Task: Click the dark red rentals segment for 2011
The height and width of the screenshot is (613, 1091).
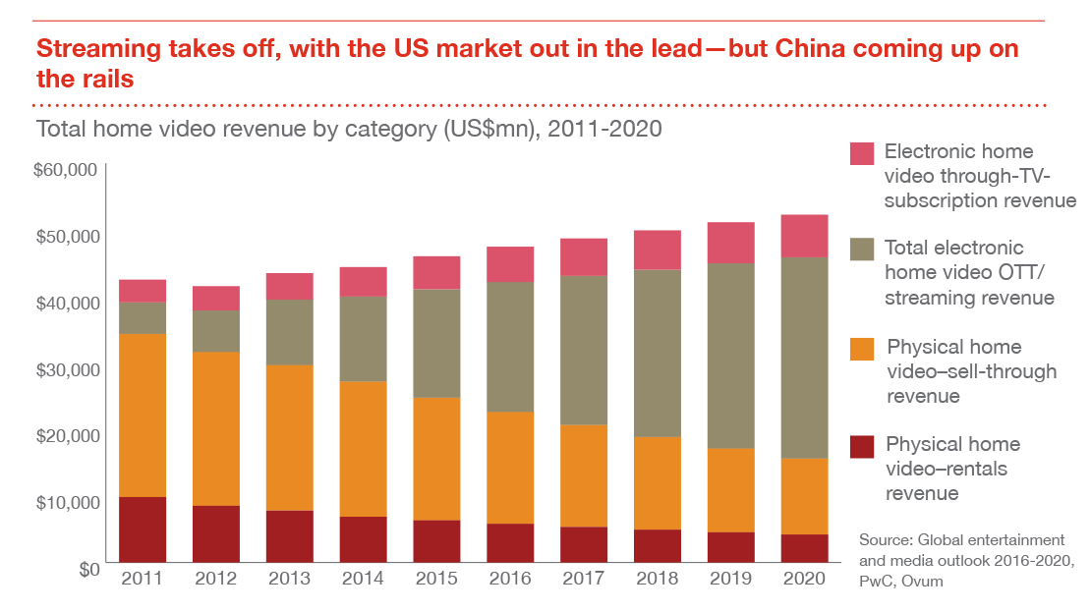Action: [143, 529]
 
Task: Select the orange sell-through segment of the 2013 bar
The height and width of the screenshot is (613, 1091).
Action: [289, 437]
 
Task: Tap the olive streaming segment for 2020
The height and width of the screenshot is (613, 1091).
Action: [804, 358]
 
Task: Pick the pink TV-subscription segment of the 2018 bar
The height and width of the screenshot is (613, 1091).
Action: [658, 250]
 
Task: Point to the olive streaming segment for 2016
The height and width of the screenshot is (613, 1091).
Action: [510, 347]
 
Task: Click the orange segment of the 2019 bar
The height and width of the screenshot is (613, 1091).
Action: [730, 490]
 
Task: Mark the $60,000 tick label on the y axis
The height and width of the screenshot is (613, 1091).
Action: [65, 171]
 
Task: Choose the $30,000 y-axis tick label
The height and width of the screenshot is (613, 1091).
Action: [65, 369]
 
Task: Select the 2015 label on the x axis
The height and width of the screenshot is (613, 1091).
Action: [436, 579]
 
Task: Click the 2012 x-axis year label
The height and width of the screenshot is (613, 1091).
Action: [215, 579]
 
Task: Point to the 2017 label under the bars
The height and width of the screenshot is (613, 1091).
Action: [584, 579]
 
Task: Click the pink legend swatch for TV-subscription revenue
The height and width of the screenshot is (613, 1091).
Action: [862, 153]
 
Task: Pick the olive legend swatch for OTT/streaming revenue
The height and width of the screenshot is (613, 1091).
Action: [862, 250]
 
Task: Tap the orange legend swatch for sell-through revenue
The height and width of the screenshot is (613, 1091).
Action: [862, 350]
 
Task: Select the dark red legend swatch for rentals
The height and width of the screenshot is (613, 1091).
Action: [862, 447]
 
